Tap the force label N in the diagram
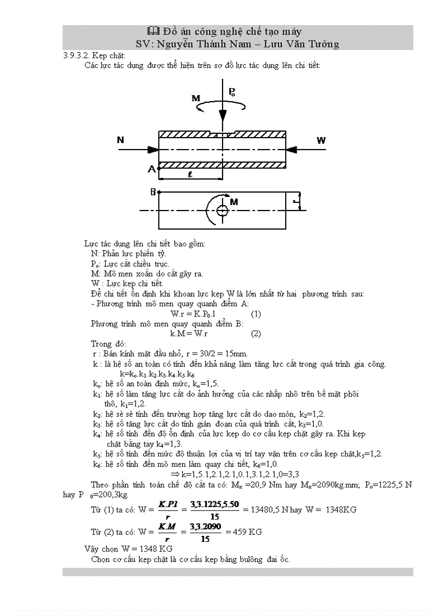click(120, 140)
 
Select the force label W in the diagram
click(321, 140)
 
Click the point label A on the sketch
click(151, 169)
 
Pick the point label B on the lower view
click(153, 192)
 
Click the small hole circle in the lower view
click(222, 211)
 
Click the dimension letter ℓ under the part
click(189, 175)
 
